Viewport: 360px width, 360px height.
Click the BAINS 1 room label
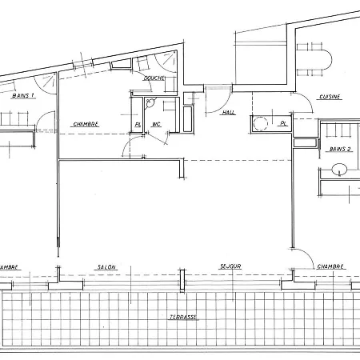click(24, 95)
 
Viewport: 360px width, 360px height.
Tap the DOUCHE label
click(154, 78)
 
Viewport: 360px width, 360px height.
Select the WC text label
click(157, 124)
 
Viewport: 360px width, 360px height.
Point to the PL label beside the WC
click(138, 124)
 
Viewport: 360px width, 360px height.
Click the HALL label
click(229, 113)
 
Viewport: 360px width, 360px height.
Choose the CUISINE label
click(330, 97)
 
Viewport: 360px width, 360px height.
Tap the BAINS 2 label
click(341, 150)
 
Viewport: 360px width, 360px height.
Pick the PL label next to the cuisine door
click(282, 123)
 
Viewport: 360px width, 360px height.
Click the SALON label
click(106, 266)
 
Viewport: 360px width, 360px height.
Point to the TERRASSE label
click(183, 317)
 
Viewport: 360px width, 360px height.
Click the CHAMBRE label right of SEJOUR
click(330, 266)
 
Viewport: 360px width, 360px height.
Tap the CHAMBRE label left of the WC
click(86, 124)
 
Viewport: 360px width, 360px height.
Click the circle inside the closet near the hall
click(259, 122)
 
